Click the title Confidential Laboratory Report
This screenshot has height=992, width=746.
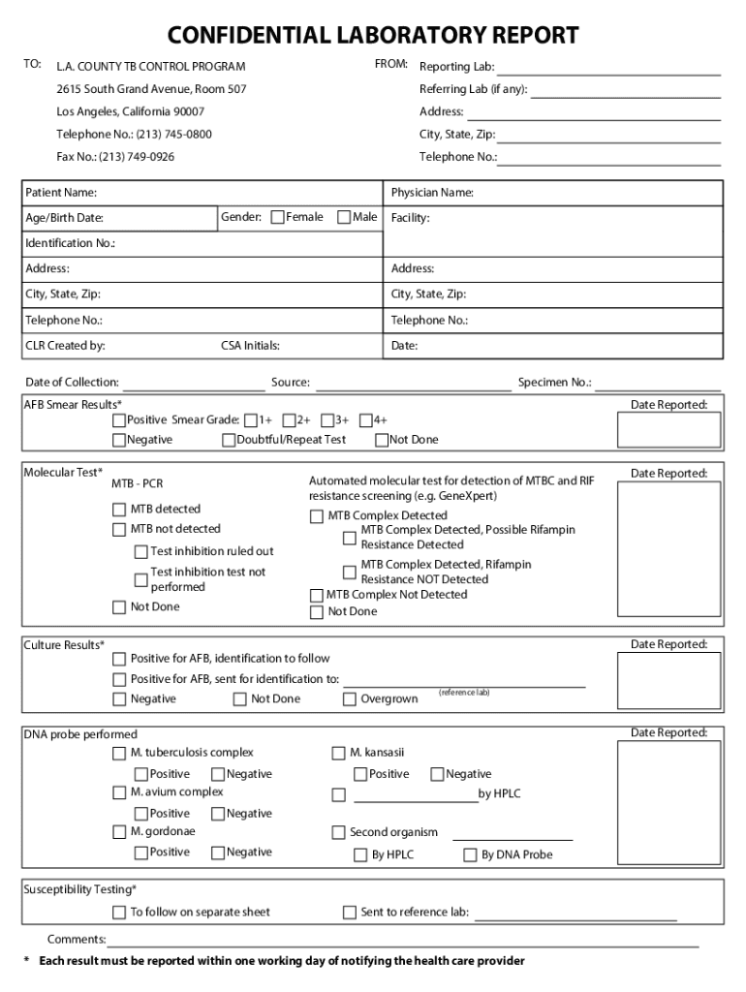(x=373, y=36)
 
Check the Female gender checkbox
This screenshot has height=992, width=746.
(x=278, y=217)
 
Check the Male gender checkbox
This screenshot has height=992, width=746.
(x=344, y=217)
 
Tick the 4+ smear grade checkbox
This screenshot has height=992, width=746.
(x=366, y=420)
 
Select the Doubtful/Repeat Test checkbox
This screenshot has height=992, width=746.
(x=229, y=440)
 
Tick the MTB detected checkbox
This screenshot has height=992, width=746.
(x=119, y=510)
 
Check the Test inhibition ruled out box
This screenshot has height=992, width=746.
(x=140, y=551)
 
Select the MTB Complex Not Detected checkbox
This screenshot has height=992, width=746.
(x=316, y=595)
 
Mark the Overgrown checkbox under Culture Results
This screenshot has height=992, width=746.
(x=350, y=699)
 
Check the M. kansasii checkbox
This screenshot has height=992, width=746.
(x=338, y=753)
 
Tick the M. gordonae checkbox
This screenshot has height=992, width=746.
(x=119, y=832)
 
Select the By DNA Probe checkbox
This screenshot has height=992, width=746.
(x=470, y=855)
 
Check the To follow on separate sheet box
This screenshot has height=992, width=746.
(x=119, y=913)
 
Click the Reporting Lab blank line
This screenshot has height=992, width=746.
(x=608, y=68)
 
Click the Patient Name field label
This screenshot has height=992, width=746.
(x=60, y=193)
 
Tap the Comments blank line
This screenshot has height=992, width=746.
(x=402, y=940)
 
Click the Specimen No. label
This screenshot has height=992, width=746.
(x=554, y=383)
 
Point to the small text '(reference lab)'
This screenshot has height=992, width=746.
(x=464, y=693)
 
